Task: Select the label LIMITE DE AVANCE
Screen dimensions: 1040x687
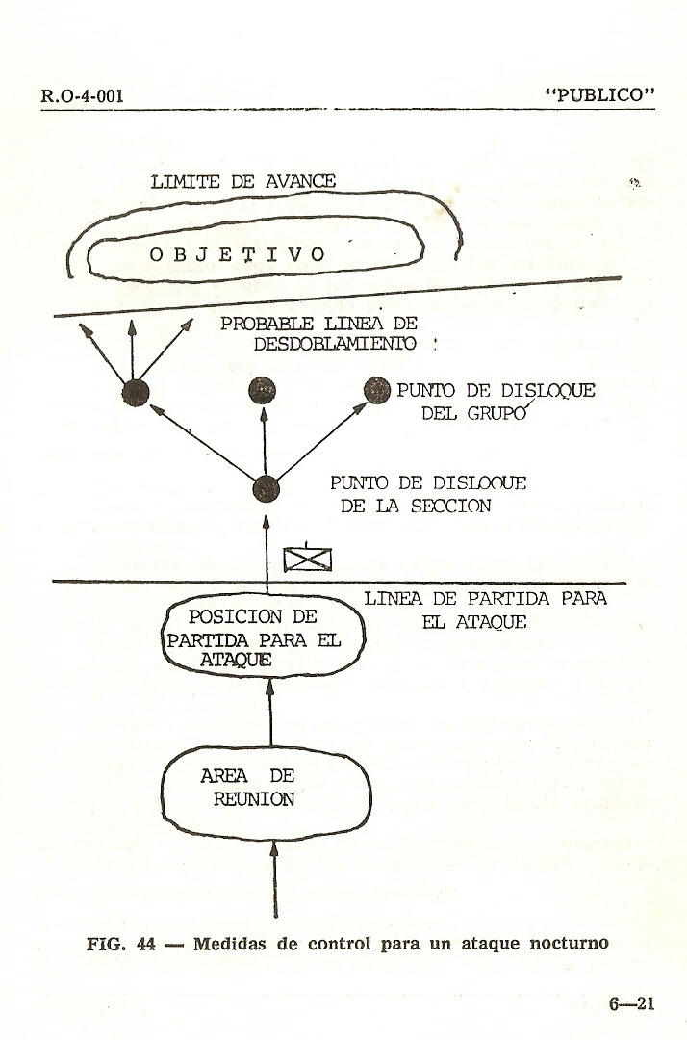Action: pos(242,181)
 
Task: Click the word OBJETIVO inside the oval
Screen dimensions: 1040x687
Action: pos(239,255)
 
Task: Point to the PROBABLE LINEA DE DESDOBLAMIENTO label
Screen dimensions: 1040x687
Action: pos(320,334)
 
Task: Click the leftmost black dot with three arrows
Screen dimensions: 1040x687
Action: pos(135,391)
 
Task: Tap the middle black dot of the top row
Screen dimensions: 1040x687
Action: pos(263,390)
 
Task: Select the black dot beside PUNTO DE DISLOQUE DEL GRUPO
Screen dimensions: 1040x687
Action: pos(376,389)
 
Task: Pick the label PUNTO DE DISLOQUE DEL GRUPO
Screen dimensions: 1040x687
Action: pos(496,403)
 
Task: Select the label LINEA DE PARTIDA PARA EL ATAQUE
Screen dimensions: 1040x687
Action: pos(485,610)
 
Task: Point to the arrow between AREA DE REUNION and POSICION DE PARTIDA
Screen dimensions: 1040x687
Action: pos(270,713)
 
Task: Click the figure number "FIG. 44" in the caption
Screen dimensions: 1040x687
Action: pos(121,943)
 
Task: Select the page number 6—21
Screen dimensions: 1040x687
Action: pos(631,1003)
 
